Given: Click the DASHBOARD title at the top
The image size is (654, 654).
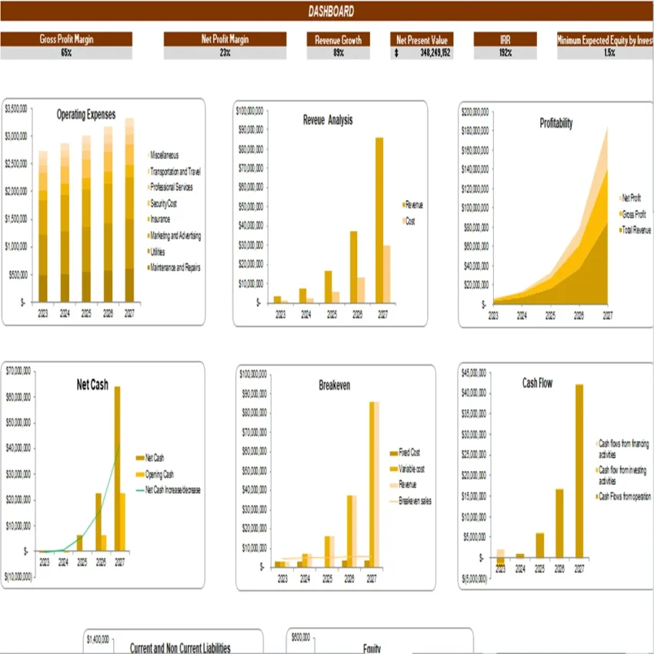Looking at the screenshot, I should pyautogui.click(x=331, y=11).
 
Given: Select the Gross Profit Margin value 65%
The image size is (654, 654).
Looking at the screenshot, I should pyautogui.click(x=66, y=53).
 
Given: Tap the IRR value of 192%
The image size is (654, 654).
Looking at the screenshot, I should pyautogui.click(x=505, y=53).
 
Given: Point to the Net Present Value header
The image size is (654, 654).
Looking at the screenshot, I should pyautogui.click(x=422, y=39).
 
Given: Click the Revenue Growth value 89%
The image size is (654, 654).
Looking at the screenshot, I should pyautogui.click(x=339, y=53).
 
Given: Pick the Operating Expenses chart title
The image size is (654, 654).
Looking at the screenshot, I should pyautogui.click(x=86, y=115).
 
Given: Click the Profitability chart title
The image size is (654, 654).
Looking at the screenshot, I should pyautogui.click(x=556, y=123).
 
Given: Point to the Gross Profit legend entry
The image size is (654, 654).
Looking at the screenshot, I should pyautogui.click(x=632, y=213).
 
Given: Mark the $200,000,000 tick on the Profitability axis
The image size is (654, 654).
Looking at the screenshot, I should pyautogui.click(x=475, y=112).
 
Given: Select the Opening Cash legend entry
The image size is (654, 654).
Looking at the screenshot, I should pyautogui.click(x=158, y=474).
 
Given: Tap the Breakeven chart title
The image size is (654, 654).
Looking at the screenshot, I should pyautogui.click(x=334, y=385).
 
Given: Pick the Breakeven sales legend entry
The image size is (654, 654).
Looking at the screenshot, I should pyautogui.click(x=414, y=501).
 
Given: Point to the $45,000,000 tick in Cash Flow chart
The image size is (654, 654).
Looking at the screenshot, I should pyautogui.click(x=474, y=374).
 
